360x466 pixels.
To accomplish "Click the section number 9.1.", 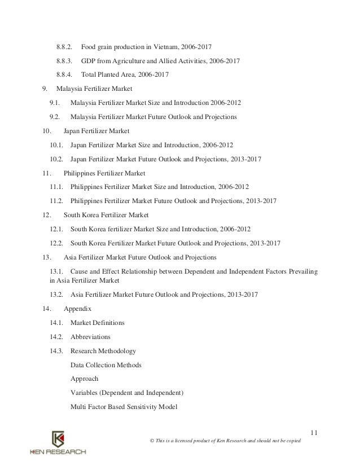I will (55, 103).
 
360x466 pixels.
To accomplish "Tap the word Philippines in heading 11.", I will (81, 173).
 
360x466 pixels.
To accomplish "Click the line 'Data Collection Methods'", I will (106, 364).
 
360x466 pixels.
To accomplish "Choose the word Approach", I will (85, 379).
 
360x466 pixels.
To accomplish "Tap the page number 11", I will (314, 433).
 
